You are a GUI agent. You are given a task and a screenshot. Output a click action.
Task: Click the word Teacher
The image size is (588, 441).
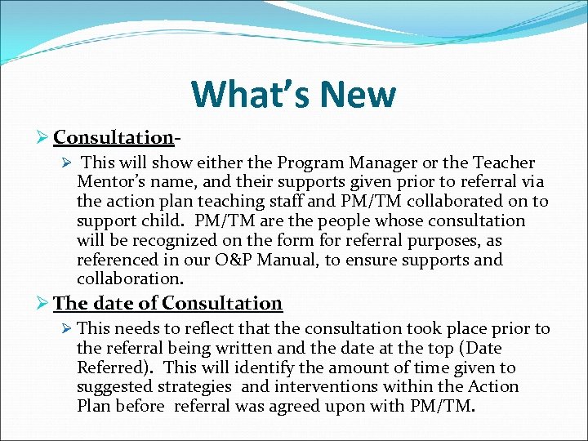click(504, 163)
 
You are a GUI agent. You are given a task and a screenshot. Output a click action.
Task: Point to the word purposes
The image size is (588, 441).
click(442, 241)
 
